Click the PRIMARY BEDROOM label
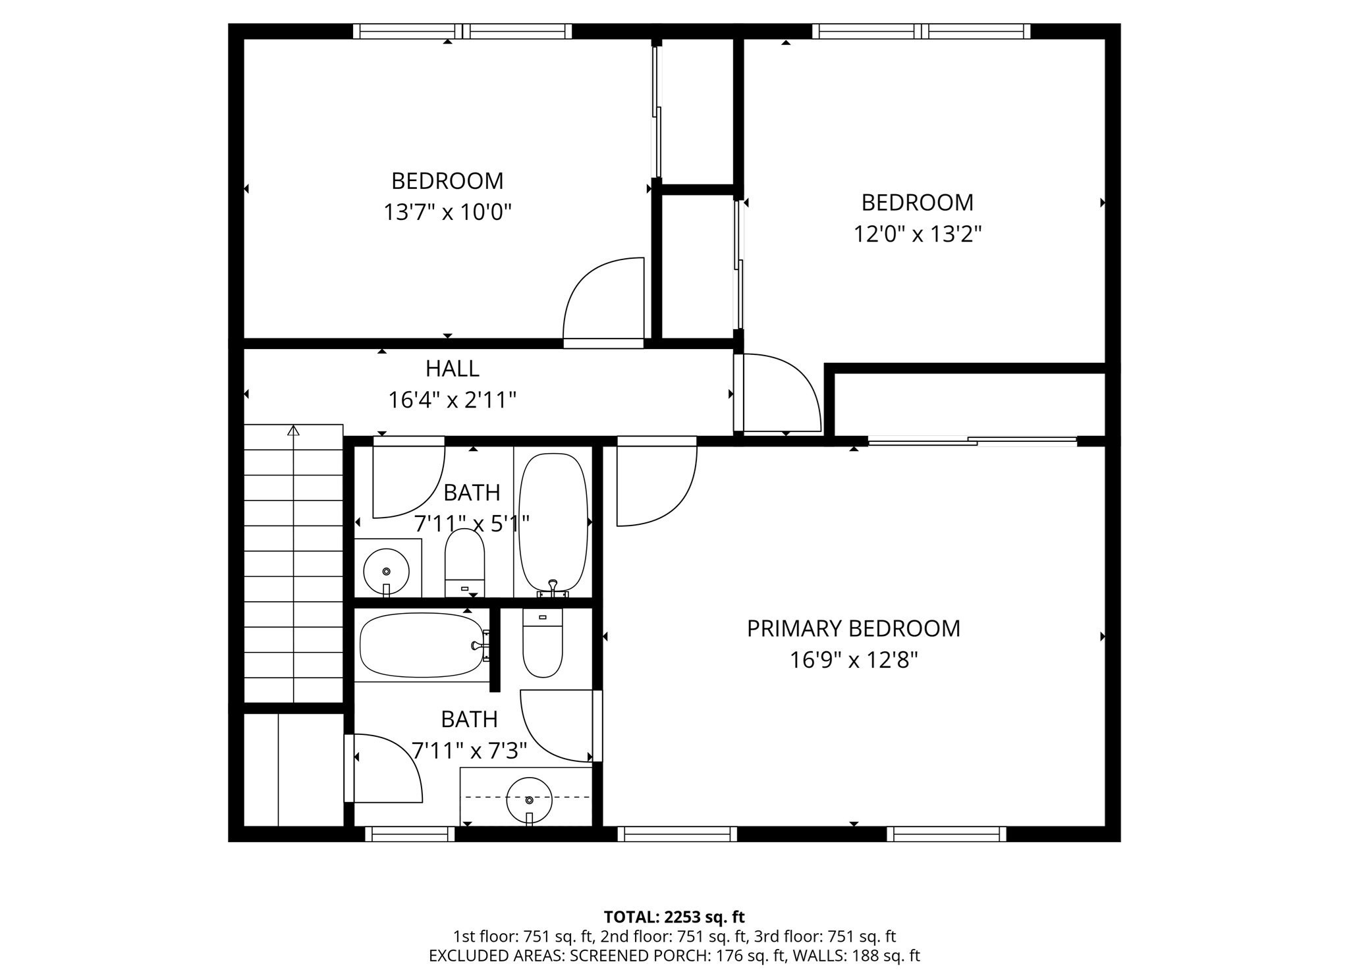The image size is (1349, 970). point(853,629)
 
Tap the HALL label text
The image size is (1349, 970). point(452,369)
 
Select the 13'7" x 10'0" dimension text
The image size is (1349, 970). point(447,213)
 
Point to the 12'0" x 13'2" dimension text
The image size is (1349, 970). point(918,234)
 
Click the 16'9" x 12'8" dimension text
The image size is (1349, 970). point(853,660)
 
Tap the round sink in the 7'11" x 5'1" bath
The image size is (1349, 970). point(386,571)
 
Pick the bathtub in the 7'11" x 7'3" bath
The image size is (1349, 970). point(422,646)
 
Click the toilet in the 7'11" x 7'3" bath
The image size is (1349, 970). point(542,643)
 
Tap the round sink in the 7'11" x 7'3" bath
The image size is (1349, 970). point(529,799)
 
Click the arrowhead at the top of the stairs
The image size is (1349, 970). point(294,431)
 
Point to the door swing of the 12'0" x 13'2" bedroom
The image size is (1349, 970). point(781,392)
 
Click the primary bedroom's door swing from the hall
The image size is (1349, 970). point(655,484)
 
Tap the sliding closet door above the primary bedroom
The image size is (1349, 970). point(972,441)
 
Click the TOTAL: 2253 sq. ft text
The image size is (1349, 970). point(674,917)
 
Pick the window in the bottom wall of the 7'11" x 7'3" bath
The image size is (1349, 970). point(410,834)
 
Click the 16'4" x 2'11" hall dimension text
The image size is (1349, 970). point(452,400)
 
